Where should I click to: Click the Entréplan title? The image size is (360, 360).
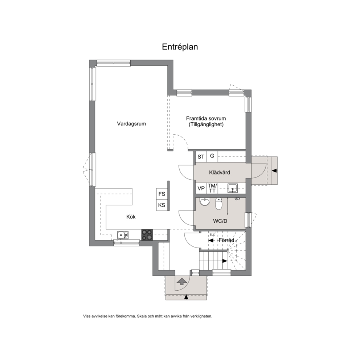[x=180, y=47]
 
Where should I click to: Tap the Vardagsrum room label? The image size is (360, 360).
[x=131, y=124]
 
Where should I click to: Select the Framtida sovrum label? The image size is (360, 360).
[x=206, y=118]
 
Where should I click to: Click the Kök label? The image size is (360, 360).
[x=131, y=217]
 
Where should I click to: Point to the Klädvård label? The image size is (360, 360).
[x=220, y=172]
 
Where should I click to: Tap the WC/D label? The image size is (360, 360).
[x=220, y=221]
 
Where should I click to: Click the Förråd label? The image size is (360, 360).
[x=226, y=240]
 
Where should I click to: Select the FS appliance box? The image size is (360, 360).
[x=162, y=194]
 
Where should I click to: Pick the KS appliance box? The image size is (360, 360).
[x=162, y=205]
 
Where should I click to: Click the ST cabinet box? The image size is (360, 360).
[x=201, y=157]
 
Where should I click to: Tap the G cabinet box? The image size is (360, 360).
[x=212, y=156]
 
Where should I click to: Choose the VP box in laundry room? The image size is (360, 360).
[x=201, y=188]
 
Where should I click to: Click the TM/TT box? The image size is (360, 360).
[x=212, y=188]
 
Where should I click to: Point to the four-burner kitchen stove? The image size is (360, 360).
[x=147, y=235]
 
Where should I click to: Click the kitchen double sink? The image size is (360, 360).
[x=123, y=235]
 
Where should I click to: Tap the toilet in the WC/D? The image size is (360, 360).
[x=219, y=204]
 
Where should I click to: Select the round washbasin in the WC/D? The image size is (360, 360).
[x=205, y=202]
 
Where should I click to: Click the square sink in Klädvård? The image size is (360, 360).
[x=233, y=188]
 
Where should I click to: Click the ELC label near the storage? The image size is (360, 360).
[x=212, y=235]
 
